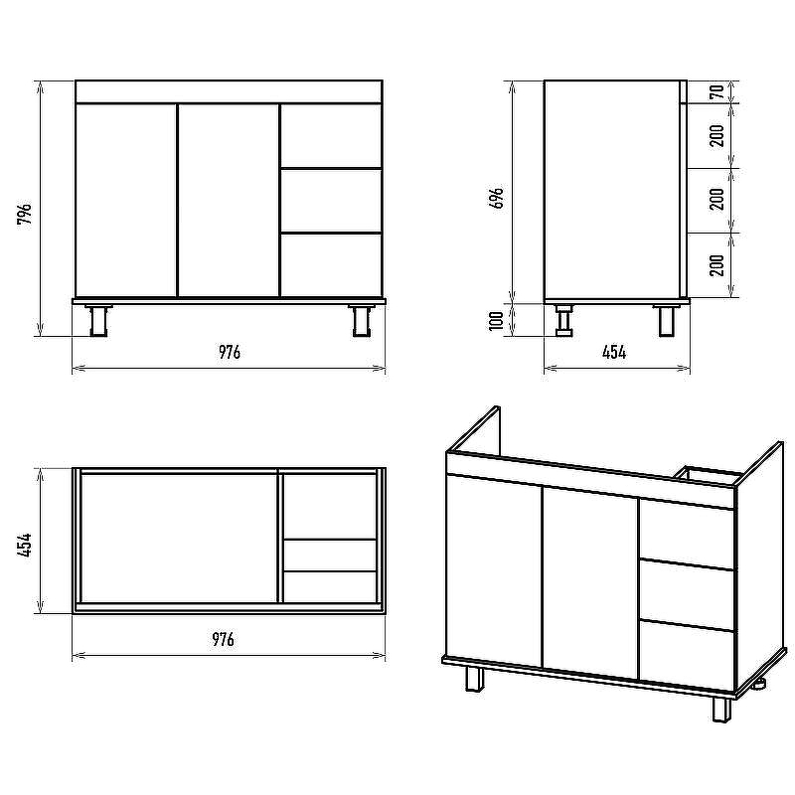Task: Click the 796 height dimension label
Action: click(24, 214)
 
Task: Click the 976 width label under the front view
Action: click(230, 352)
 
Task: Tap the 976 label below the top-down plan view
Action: click(223, 639)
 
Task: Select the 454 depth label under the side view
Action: click(614, 352)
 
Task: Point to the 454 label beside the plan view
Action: click(24, 545)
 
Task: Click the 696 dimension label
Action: click(498, 198)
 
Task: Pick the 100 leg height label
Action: click(496, 320)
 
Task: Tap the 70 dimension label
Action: click(716, 91)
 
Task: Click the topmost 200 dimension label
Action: click(716, 135)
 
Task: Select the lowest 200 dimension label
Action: click(716, 264)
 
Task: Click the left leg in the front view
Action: click(98, 320)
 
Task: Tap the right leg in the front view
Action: click(361, 320)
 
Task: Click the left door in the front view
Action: click(126, 201)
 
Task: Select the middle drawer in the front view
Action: click(331, 201)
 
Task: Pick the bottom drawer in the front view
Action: click(331, 265)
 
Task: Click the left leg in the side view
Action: click(563, 320)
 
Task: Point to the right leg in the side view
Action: click(666, 320)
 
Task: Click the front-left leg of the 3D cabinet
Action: click(474, 679)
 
